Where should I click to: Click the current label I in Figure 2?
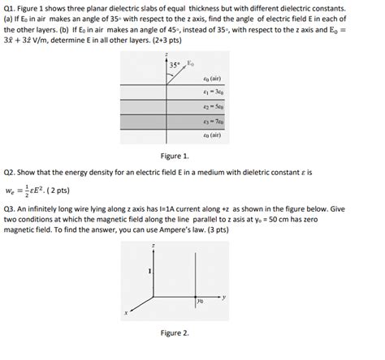click(x=149, y=269)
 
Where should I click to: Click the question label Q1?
click(x=11, y=7)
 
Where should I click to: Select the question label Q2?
click(x=11, y=173)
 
